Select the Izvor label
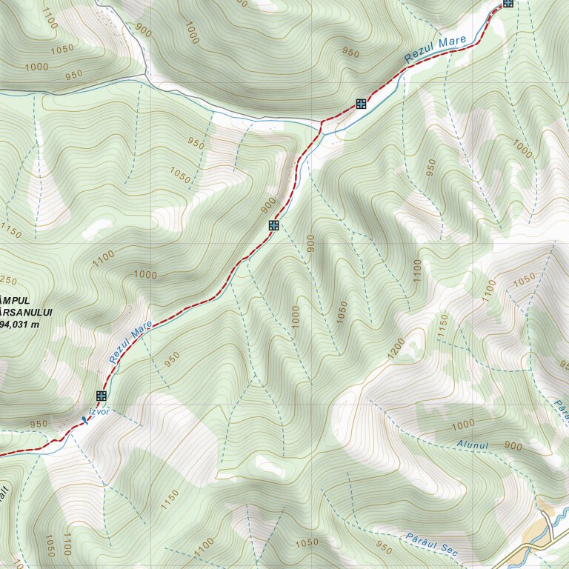pyautogui.click(x=99, y=411)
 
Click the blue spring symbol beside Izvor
pyautogui.click(x=84, y=420)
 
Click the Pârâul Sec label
pyautogui.click(x=432, y=545)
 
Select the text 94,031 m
pyautogui.click(x=21, y=324)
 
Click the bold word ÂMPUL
pyautogui.click(x=15, y=300)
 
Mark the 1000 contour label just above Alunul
pyautogui.click(x=462, y=424)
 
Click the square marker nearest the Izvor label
pyautogui.click(x=102, y=396)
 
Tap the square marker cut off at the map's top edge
pyautogui.click(x=508, y=3)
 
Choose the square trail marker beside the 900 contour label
pyautogui.click(x=273, y=224)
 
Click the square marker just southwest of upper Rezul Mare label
pyautogui.click(x=361, y=104)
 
